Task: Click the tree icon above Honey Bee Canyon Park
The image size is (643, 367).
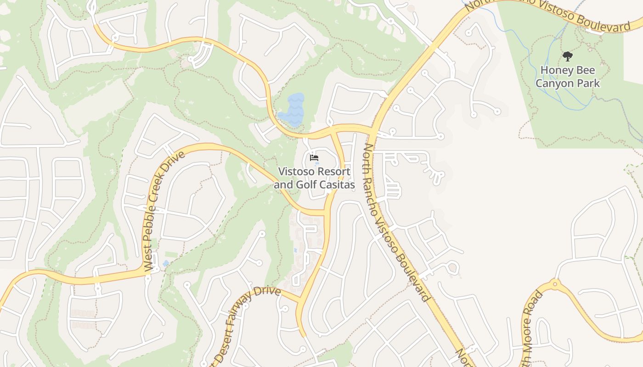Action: (568, 56)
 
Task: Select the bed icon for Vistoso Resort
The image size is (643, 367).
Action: (314, 158)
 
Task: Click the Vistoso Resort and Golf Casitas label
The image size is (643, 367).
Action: (315, 178)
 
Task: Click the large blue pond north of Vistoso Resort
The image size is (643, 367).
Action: (292, 110)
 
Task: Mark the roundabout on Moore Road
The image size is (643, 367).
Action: (555, 284)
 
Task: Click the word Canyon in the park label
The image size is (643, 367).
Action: (554, 83)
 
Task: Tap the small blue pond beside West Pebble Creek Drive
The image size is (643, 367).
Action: (165, 263)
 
